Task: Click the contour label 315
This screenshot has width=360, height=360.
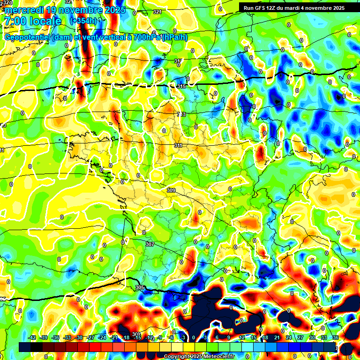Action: tap(182, 87)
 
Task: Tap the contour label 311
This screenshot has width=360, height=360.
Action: tap(178, 146)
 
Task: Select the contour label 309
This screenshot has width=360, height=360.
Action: tap(171, 190)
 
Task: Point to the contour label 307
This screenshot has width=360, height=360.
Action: tap(150, 245)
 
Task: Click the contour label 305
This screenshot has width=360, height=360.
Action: tap(140, 287)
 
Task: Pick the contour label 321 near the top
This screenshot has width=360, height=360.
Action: tap(157, 12)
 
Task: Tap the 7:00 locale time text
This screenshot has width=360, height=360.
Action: tap(32, 22)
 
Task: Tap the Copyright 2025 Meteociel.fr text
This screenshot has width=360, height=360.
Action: tap(199, 357)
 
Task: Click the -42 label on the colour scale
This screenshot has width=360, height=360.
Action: tap(32, 337)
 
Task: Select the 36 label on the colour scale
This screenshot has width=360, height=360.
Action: tap(336, 337)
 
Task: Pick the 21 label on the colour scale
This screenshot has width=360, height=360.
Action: tap(277, 337)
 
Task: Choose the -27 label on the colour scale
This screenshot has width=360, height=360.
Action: tap(90, 337)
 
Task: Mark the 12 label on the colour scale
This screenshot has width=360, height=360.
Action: tap(241, 337)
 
